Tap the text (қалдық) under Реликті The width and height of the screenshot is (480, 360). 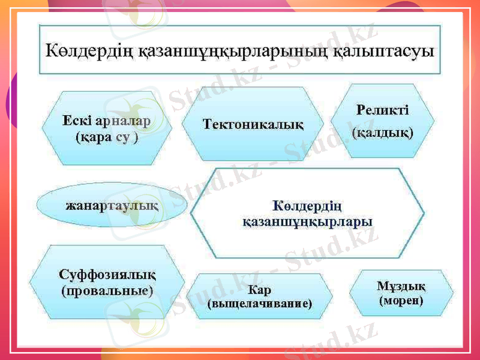pyautogui.click(x=382, y=131)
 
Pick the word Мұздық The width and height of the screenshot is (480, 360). pyautogui.click(x=401, y=284)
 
